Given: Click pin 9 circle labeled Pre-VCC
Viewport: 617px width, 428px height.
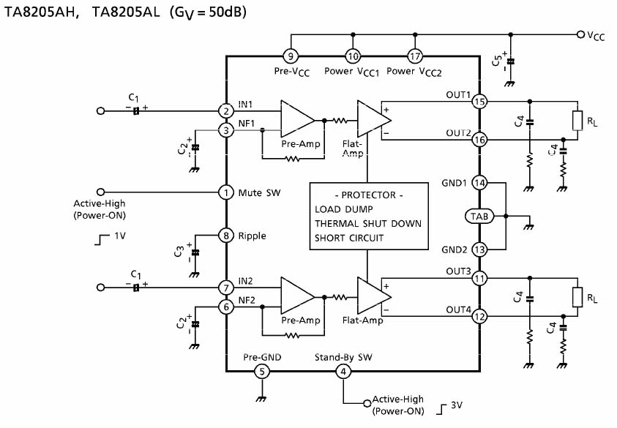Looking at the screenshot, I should [290, 56].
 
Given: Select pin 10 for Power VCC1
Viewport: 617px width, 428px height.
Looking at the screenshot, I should [353, 56].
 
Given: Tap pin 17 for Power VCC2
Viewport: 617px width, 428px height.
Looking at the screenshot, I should [416, 56].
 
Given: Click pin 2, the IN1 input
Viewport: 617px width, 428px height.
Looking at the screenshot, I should [226, 110].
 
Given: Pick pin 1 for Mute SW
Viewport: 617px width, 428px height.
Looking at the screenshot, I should [226, 192].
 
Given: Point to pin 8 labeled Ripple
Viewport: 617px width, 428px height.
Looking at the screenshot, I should [226, 236].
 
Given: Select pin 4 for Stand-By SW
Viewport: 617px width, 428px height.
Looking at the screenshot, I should [343, 372].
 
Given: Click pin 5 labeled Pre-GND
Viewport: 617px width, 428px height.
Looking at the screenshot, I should [261, 372].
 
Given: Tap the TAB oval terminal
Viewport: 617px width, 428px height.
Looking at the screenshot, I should [480, 217].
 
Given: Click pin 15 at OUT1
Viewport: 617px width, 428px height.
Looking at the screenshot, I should [479, 102].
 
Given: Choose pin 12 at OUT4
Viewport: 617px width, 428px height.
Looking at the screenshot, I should [479, 317].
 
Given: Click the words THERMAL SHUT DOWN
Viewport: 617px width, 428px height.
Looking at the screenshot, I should [368, 224].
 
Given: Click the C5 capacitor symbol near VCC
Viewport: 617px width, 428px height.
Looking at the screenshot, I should [511, 61].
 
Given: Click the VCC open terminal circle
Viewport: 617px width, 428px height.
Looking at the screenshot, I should [580, 34].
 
